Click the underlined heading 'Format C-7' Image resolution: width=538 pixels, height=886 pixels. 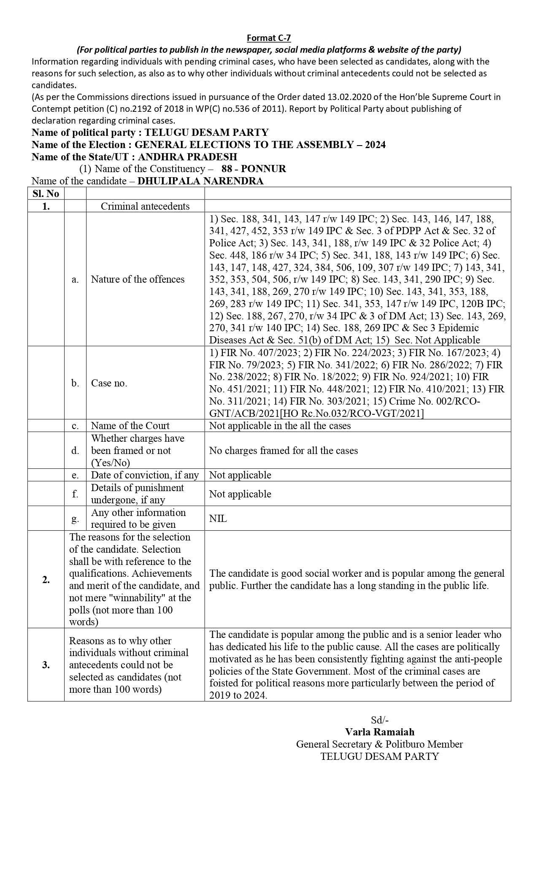coord(269,38)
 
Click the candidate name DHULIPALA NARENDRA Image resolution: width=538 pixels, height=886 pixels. coord(200,181)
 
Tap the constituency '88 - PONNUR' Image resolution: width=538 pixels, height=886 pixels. coord(254,169)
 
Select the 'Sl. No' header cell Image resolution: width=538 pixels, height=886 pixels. coord(46,194)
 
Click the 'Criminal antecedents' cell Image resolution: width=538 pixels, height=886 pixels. coord(145,206)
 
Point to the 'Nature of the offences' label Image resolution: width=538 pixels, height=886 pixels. coord(138,279)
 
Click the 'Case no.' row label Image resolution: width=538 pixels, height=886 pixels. coord(109,383)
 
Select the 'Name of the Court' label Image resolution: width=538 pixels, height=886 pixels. coord(130,425)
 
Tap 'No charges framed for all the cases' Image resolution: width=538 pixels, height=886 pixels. coord(283,451)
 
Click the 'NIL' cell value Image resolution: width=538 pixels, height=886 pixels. coord(218,519)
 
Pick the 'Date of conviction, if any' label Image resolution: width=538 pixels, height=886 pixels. coord(145,475)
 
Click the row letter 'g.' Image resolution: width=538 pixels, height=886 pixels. coord(75,519)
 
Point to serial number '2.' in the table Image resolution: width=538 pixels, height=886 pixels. coord(46,579)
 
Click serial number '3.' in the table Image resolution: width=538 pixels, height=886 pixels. coord(46,665)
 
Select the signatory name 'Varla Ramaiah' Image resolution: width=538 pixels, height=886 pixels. coord(379,732)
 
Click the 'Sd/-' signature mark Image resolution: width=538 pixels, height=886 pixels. coord(379,720)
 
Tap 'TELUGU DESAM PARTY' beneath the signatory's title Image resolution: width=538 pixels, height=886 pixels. coord(379,756)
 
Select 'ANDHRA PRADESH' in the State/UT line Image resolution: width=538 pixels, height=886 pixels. coord(187,157)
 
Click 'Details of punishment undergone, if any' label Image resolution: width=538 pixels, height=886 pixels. coord(137,494)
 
